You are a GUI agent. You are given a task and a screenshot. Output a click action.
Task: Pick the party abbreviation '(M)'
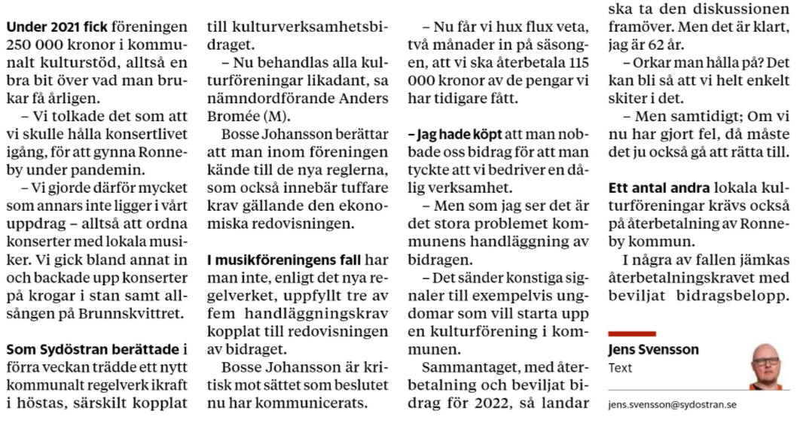coord(274,117)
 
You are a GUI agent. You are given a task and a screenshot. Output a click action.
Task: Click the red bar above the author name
coord(631,333)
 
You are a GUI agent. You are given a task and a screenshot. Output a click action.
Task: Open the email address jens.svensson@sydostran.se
coord(672,404)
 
